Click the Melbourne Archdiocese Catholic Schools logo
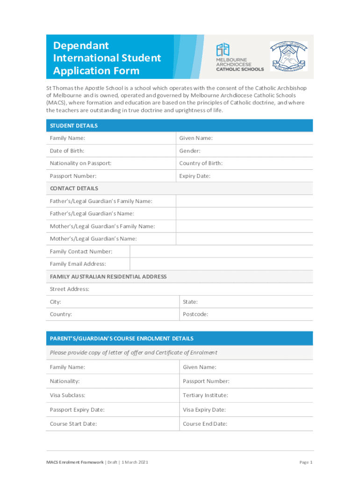[x=239, y=57]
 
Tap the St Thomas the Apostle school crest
[x=288, y=57]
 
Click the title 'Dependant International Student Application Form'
[x=107, y=58]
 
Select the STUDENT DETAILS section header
[x=74, y=126]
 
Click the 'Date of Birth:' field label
[x=67, y=151]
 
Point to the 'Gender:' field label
[x=190, y=151]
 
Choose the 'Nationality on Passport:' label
[x=80, y=163]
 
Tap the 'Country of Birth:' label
[x=201, y=163]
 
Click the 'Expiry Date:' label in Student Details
[x=194, y=176]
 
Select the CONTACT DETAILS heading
[x=74, y=189]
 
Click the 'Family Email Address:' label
[x=78, y=264]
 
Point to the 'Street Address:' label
[x=69, y=289]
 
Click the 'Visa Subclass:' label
[x=67, y=395]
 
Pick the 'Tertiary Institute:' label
[x=205, y=395]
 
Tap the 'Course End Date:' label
[x=205, y=424]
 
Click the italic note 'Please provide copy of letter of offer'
[x=133, y=353]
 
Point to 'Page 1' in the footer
[x=306, y=462]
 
